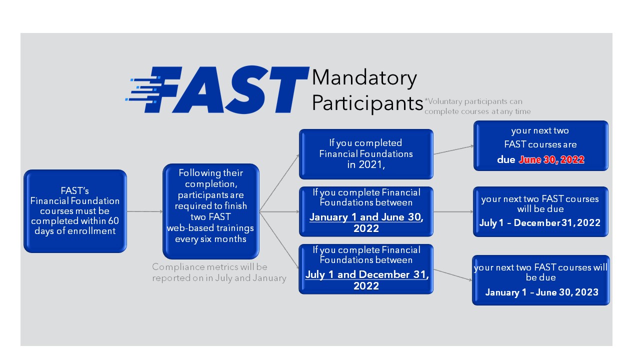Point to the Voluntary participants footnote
477,106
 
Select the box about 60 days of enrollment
75,211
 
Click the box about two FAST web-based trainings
210,211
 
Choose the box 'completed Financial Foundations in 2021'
366,154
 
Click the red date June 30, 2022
551,160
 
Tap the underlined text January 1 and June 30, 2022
366,222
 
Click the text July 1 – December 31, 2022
539,223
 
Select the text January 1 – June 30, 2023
541,292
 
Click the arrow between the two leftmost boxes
144,211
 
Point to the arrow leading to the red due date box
453,150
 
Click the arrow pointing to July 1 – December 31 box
453,211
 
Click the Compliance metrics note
219,272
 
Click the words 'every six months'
210,239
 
